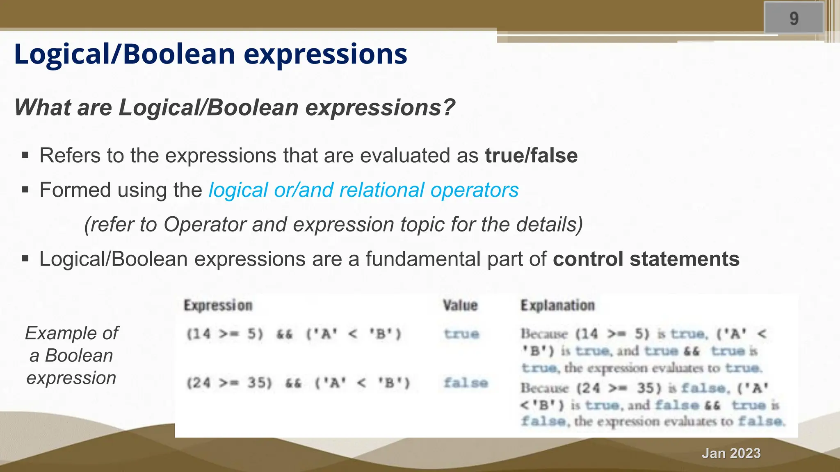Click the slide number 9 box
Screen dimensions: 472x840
[x=794, y=18]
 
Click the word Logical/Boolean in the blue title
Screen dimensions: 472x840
[x=125, y=54]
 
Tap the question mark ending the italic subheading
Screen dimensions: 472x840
[x=449, y=107]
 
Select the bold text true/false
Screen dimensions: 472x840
[x=531, y=156]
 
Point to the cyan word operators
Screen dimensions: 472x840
[x=474, y=190]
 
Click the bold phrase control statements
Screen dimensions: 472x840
[x=646, y=259]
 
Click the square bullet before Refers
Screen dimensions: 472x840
[x=25, y=155]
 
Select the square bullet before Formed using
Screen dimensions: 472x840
[x=25, y=190]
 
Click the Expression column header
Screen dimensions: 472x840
[x=218, y=305]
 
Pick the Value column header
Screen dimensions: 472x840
[x=460, y=305]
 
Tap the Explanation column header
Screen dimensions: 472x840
[x=557, y=305]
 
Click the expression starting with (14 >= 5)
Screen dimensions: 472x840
[x=294, y=334]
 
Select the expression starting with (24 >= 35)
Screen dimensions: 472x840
[x=298, y=383]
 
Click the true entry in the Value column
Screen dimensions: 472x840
[x=461, y=334]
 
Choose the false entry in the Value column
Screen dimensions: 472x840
[x=466, y=383]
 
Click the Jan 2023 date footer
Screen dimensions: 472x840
[x=731, y=453]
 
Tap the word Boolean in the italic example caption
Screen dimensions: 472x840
[x=79, y=355]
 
